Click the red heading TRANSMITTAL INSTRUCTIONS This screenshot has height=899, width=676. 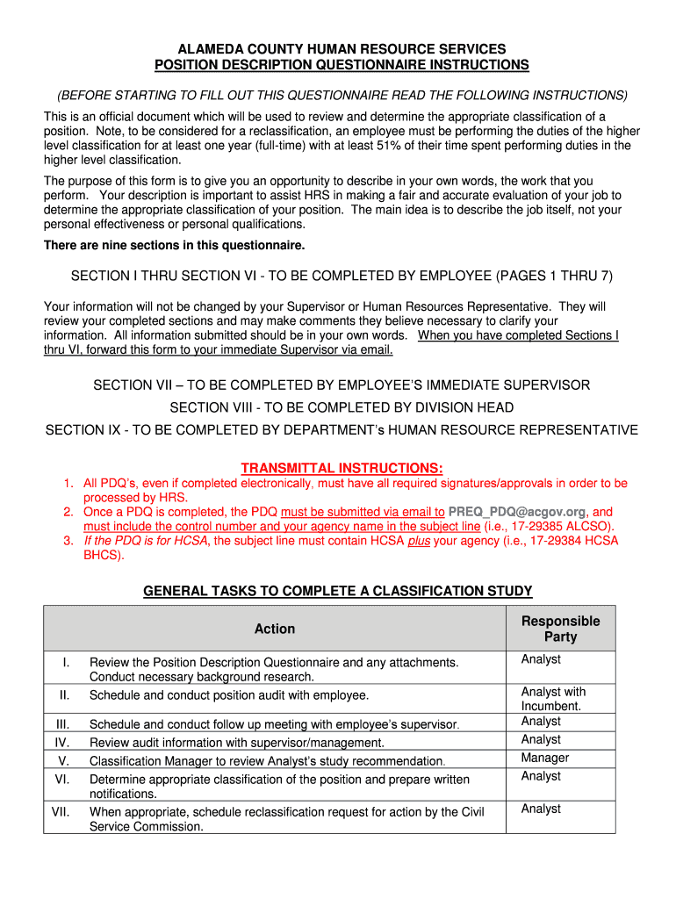pyautogui.click(x=342, y=467)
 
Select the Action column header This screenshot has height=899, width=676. pyautogui.click(x=275, y=629)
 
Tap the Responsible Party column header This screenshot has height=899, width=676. pyautogui.click(x=560, y=629)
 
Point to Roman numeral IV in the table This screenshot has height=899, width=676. pyautogui.click(x=62, y=743)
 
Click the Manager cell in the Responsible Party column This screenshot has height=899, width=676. pyautogui.click(x=544, y=758)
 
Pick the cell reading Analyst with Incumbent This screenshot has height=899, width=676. pyautogui.click(x=553, y=699)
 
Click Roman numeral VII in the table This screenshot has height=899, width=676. pyautogui.click(x=61, y=811)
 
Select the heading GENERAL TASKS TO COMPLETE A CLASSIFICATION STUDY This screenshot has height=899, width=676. pyautogui.click(x=338, y=591)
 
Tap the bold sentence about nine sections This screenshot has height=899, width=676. pyautogui.click(x=174, y=245)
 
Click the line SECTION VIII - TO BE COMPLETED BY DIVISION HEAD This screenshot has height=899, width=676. pyautogui.click(x=342, y=407)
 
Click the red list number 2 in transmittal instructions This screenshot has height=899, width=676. pyautogui.click(x=68, y=512)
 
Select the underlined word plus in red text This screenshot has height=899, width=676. pyautogui.click(x=419, y=541)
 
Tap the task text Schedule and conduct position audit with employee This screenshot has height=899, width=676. pyautogui.click(x=229, y=695)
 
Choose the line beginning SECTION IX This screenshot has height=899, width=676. pyautogui.click(x=342, y=430)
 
